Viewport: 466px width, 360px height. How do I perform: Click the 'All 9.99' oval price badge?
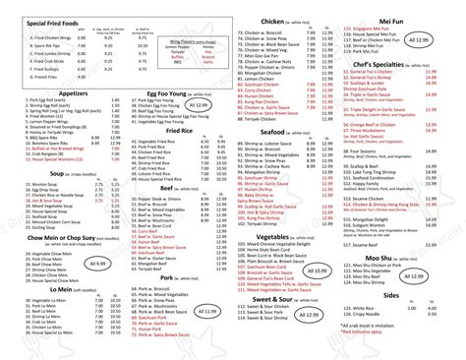[98, 264]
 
